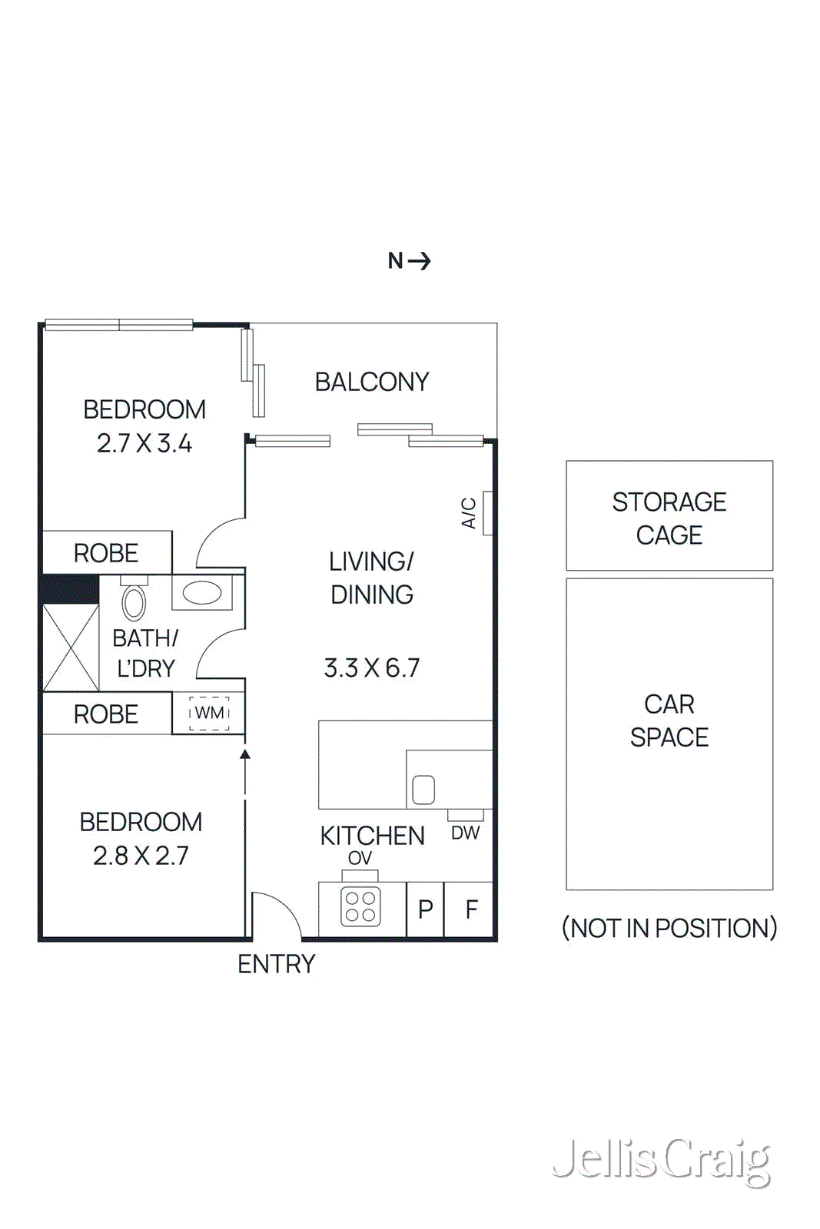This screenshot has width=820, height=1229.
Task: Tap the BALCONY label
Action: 372,382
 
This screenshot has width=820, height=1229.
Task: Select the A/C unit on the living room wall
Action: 487,512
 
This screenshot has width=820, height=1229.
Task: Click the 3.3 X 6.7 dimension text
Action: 372,668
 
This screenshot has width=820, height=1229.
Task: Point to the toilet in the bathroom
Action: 134,601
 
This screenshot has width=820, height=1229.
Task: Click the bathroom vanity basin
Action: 202,593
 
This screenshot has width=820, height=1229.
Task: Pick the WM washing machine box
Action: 209,713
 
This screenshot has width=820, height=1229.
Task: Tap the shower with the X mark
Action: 71,648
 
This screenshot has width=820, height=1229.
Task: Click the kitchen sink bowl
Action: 423,789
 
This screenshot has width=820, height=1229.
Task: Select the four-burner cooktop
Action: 360,906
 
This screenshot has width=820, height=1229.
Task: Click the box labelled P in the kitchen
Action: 426,909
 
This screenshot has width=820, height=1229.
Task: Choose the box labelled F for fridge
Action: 471,909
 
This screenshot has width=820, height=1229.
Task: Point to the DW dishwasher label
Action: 465,833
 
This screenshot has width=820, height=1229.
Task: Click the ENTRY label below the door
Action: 277,964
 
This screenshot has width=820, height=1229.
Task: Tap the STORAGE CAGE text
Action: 669,518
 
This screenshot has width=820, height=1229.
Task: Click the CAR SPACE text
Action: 669,721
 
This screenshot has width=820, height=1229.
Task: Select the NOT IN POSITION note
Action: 669,928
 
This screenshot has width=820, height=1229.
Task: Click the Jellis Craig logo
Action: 662,1160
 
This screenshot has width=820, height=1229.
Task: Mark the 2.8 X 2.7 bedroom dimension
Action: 141,856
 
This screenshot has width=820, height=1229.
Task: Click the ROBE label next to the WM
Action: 106,714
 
